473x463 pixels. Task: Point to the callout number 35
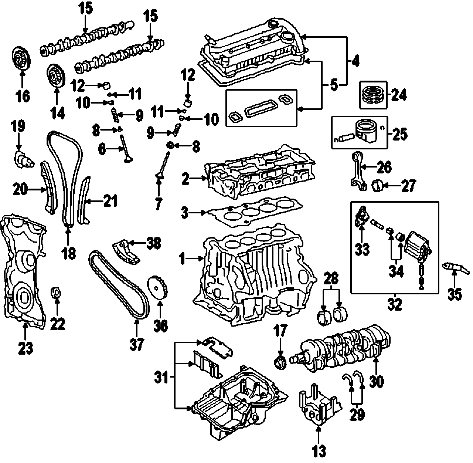tap(455, 294)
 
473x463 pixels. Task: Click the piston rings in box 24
tap(372, 94)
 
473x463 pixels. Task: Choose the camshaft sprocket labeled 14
tap(56, 75)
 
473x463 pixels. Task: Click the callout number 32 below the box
tap(395, 304)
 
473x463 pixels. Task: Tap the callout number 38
tap(154, 243)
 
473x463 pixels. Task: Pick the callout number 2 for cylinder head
tap(185, 179)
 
